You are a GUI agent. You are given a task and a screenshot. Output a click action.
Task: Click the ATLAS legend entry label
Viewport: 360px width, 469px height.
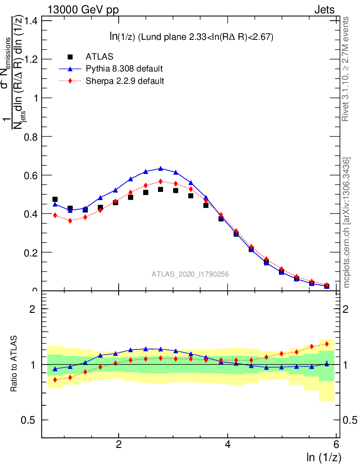[99, 57]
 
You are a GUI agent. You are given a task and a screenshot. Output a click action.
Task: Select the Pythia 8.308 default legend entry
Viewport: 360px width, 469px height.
[124, 69]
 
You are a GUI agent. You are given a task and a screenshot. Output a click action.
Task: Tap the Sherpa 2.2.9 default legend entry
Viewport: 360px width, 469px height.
[125, 82]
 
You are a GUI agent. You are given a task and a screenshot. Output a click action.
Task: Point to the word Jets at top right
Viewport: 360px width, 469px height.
[324, 10]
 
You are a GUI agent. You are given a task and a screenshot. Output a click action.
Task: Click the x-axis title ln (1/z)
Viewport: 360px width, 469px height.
[323, 457]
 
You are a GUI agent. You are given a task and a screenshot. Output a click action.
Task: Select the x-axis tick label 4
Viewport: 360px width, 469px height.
[228, 445]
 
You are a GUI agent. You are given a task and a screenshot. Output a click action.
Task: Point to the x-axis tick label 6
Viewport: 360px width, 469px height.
[336, 445]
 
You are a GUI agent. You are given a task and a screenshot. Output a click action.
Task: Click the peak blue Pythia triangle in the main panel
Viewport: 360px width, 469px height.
[161, 169]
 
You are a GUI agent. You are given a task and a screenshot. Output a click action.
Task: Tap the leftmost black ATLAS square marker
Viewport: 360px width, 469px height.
[55, 199]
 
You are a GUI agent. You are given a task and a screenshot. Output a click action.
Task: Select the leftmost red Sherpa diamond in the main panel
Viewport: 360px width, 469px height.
[55, 215]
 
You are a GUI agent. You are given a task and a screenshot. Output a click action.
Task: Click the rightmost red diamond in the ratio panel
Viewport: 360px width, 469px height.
[327, 344]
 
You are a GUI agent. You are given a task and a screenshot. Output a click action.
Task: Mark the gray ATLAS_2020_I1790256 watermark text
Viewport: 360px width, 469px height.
[191, 274]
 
